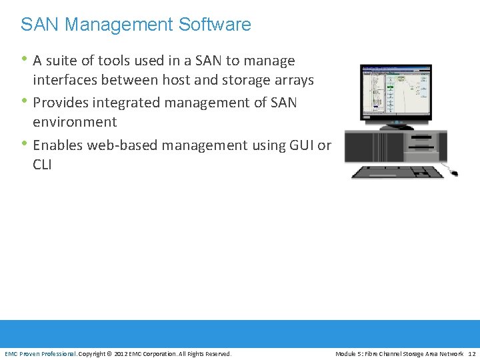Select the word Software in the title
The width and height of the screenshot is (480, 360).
point(215,25)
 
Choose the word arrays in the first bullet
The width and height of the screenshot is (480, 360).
point(293,80)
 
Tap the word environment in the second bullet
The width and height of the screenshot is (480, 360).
point(75,122)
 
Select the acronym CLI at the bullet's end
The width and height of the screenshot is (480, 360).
point(42,164)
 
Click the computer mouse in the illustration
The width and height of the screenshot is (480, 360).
point(454,173)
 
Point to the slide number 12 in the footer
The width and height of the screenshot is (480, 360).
point(472,353)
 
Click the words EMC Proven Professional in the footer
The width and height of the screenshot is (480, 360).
point(41,353)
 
